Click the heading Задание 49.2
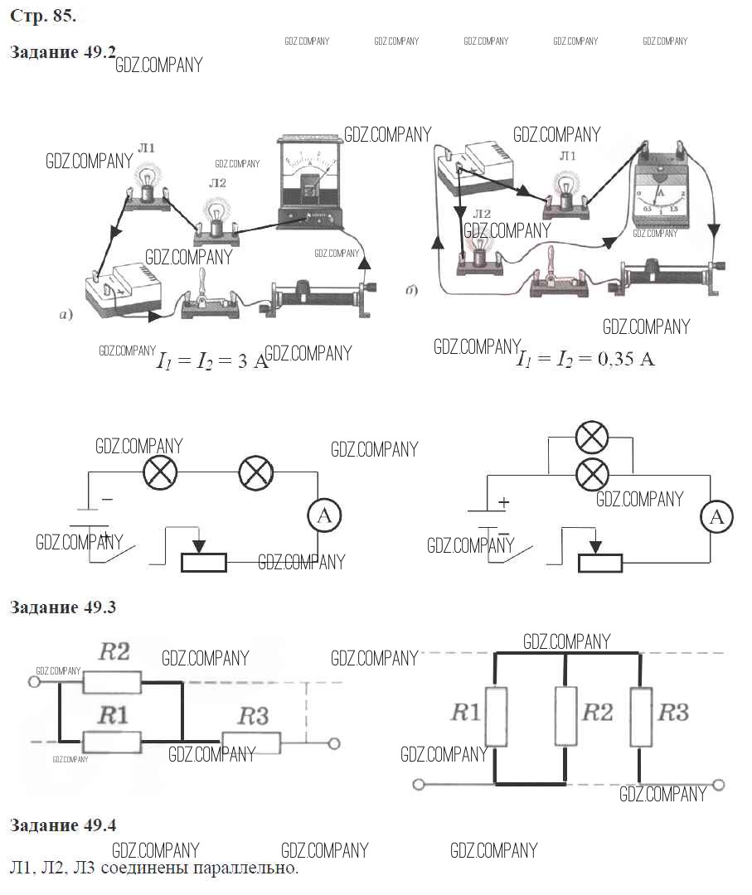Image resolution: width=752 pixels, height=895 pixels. [62, 51]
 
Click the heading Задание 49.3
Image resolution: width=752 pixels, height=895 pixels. [62, 607]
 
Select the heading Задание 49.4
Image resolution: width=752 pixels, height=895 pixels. [62, 825]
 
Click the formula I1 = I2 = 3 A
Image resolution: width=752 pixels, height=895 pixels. [212, 362]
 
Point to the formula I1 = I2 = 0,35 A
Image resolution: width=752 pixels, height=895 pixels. [585, 360]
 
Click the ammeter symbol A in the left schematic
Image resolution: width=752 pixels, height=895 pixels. [325, 515]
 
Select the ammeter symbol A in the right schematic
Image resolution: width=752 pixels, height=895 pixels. [718, 517]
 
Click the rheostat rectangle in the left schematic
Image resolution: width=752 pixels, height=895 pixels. [203, 562]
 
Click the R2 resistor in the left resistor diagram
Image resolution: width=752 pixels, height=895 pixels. [113, 681]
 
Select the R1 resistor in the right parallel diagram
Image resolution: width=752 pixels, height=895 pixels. [496, 716]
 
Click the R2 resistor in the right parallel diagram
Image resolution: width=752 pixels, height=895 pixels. [565, 716]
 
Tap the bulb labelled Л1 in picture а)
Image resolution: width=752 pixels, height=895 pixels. [149, 184]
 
